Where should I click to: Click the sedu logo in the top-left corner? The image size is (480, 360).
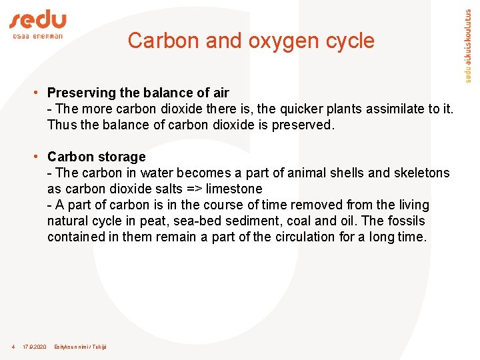click(37, 25)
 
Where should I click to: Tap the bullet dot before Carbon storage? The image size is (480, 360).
click(39, 157)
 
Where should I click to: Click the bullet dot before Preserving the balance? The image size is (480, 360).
click(39, 93)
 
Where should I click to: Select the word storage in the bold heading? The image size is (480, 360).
click(121, 157)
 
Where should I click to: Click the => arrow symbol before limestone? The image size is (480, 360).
click(194, 189)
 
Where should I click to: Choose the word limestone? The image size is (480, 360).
click(234, 189)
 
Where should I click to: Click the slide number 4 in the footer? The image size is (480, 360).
click(13, 347)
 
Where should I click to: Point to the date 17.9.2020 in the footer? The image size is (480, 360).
click(35, 347)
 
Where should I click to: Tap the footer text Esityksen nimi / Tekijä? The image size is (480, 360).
click(80, 347)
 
